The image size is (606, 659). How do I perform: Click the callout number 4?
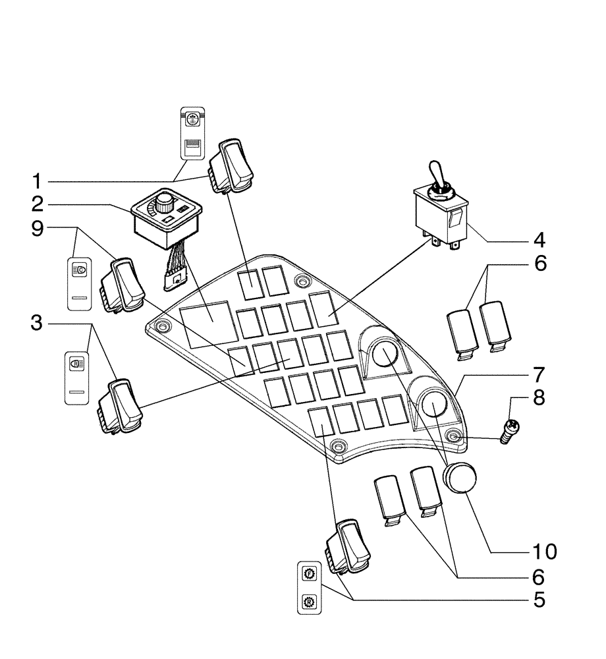[539, 238]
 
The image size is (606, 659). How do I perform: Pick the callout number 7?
[539, 375]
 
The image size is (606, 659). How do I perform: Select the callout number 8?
[539, 399]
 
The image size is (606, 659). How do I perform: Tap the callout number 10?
[539, 551]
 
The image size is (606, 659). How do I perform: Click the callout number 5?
[539, 600]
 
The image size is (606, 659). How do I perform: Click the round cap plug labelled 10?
[458, 478]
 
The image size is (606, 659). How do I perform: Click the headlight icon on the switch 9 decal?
[80, 270]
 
